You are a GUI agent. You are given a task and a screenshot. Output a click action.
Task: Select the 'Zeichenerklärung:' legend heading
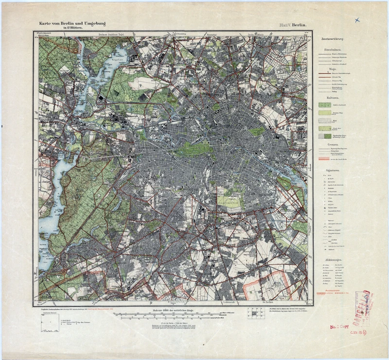point(333,38)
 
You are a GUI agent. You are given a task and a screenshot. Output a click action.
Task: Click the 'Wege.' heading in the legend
point(333,69)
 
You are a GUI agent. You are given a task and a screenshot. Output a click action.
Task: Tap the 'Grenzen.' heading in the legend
point(333,144)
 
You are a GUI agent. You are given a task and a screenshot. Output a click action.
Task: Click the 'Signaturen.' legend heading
point(333,171)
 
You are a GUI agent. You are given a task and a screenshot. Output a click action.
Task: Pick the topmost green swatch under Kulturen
point(323,104)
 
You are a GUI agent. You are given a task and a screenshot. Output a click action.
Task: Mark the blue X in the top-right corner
point(358,20)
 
